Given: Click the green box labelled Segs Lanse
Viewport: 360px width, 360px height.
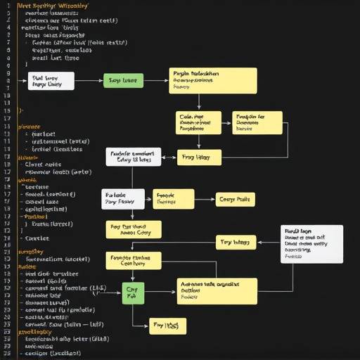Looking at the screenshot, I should [123, 82].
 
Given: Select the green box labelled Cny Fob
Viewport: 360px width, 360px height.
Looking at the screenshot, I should [133, 292].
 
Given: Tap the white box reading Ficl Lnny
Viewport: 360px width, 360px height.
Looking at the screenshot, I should [46, 81].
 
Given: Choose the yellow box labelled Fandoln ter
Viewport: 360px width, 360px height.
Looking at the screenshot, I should [257, 122].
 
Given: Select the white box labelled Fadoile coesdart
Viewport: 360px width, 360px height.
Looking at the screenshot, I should [134, 156].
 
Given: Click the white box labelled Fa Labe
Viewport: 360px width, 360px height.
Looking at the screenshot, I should [124, 199].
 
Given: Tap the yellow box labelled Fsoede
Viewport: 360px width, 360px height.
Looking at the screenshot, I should [172, 199].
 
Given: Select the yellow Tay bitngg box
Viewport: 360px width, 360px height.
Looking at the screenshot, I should [236, 242].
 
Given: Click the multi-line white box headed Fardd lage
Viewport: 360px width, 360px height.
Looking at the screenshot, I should [312, 243].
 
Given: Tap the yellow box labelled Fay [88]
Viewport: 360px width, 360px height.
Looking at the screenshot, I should [168, 325].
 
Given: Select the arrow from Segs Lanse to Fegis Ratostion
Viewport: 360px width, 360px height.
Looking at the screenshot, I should [156, 82].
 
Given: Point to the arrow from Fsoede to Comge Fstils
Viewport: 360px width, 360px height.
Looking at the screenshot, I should [204, 200].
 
